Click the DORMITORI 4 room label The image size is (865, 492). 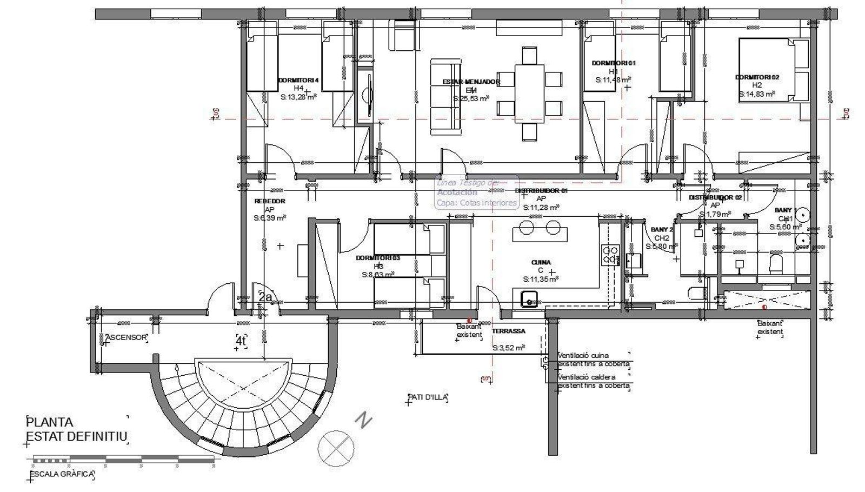pyautogui.click(x=298, y=80)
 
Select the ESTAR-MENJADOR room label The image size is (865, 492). pyautogui.click(x=471, y=82)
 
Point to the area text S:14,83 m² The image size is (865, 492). pyautogui.click(x=757, y=94)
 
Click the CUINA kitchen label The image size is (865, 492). pyautogui.click(x=541, y=263)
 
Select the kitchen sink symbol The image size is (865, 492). pyautogui.click(x=529, y=298)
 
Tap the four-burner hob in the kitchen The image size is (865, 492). pyautogui.click(x=610, y=255)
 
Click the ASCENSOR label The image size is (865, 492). pyautogui.click(x=126, y=337)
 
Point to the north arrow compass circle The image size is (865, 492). pyautogui.click(x=336, y=448)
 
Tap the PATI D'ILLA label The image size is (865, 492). pyautogui.click(x=428, y=397)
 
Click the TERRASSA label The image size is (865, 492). pyautogui.click(x=508, y=331)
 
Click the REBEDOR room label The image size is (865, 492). pyautogui.click(x=270, y=201)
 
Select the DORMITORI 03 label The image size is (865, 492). pyautogui.click(x=378, y=258)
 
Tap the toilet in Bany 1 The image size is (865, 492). pyautogui.click(x=776, y=263)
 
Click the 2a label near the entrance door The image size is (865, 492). pyautogui.click(x=265, y=297)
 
